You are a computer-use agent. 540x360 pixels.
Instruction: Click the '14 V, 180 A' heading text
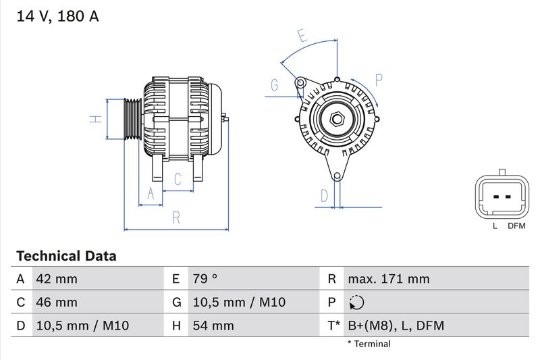click(57, 17)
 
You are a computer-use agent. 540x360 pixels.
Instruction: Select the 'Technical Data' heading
click(66, 256)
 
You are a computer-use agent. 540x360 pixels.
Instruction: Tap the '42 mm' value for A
click(57, 279)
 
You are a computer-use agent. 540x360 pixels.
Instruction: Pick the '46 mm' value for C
click(57, 302)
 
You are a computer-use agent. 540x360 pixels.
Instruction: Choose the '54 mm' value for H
click(213, 326)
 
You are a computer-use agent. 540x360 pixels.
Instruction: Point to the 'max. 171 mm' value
click(388, 279)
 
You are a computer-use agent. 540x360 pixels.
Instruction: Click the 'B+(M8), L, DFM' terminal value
click(396, 326)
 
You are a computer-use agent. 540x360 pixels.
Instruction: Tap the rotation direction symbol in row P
click(357, 303)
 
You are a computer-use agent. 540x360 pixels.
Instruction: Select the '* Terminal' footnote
click(369, 344)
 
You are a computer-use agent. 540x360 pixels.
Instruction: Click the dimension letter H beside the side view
click(97, 119)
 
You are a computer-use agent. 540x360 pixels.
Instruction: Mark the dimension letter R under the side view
click(175, 217)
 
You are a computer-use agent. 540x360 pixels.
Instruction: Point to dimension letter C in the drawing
click(178, 179)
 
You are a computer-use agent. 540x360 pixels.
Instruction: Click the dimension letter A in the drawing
click(151, 195)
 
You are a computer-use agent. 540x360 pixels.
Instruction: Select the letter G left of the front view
click(275, 85)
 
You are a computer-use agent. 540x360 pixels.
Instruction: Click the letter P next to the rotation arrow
click(379, 80)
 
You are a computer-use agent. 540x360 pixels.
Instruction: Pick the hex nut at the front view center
click(337, 120)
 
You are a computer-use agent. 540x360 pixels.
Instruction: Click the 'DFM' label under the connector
click(516, 226)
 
